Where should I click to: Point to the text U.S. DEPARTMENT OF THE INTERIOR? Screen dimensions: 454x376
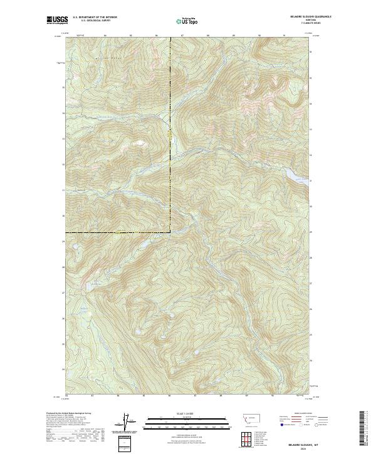click(95, 18)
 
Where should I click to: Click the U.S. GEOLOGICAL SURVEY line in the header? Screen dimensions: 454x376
click(95, 21)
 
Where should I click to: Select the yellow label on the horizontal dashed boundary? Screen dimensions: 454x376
click(119, 233)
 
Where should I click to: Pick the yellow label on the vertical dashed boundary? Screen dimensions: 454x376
click(170, 134)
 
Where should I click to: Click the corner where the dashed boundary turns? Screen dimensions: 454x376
click(170, 233)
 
